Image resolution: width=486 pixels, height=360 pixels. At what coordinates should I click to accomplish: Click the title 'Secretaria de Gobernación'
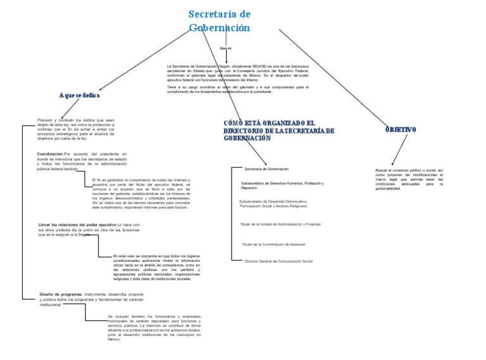click(x=220, y=21)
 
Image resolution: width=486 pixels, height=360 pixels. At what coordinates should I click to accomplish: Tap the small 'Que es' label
click(x=225, y=48)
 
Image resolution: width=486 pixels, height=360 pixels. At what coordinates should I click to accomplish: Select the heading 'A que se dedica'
click(x=79, y=95)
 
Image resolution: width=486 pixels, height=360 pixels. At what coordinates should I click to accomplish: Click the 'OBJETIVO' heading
click(x=401, y=129)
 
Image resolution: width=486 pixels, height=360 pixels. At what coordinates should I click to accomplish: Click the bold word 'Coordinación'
click(x=50, y=154)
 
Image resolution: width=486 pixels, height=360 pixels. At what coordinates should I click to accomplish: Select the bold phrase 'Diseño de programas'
click(x=61, y=294)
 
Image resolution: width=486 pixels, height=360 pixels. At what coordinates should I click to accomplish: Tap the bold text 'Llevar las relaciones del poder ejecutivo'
click(x=77, y=225)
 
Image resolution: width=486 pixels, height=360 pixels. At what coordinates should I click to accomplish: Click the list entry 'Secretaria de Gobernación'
click(x=266, y=169)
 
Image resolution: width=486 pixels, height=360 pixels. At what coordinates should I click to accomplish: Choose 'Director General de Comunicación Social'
click(x=278, y=261)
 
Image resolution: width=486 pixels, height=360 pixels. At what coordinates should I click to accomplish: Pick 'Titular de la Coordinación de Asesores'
click(x=273, y=244)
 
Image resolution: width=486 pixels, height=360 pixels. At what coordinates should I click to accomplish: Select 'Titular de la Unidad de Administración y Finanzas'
click(x=280, y=224)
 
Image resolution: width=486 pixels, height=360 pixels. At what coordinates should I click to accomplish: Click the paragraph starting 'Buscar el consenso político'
click(x=409, y=179)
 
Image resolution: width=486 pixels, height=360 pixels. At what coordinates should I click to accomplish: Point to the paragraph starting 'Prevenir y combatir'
click(x=76, y=128)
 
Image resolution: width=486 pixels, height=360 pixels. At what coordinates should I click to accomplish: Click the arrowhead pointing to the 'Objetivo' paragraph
click(x=392, y=164)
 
